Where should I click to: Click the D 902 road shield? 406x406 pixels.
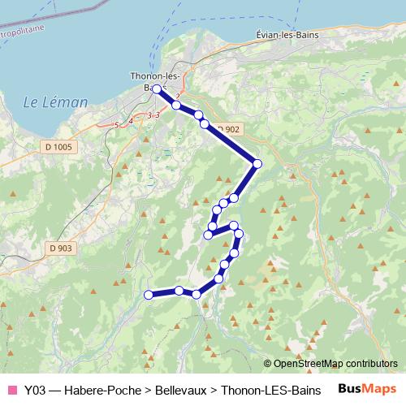(229, 129)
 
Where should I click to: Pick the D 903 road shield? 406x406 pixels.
(60, 248)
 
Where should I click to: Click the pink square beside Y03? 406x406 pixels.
(12, 389)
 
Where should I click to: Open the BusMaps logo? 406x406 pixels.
(366, 388)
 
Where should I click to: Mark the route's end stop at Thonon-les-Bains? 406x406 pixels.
(157, 89)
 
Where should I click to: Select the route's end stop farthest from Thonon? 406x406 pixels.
(148, 295)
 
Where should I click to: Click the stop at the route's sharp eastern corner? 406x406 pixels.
(257, 164)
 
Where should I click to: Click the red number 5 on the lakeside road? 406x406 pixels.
(117, 124)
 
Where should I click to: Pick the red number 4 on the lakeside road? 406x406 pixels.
(131, 121)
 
